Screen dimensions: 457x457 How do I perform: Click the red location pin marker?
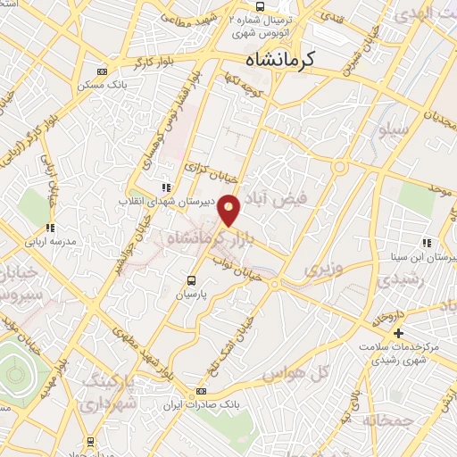click(230, 209)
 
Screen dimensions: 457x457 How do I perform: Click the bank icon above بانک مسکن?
click(101, 73)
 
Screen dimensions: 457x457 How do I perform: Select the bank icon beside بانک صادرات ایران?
click(201, 391)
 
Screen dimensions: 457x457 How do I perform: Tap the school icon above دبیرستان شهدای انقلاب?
click(165, 187)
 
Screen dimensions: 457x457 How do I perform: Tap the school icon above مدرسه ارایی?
click(51, 228)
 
